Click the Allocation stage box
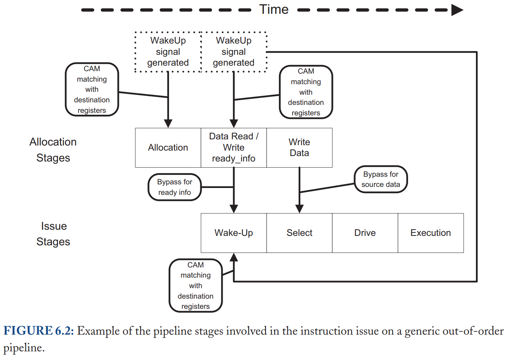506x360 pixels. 168,148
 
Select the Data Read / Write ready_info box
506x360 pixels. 234,148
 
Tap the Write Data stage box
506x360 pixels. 299,148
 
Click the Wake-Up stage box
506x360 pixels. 234,233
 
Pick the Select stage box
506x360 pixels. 299,233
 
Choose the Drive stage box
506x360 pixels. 365,233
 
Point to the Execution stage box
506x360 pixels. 431,233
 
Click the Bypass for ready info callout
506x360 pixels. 174,187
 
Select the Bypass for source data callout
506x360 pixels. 380,179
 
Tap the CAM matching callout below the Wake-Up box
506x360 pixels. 196,286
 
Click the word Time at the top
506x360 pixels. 274,9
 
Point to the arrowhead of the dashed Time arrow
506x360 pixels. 457,10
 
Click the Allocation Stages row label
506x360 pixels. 53,150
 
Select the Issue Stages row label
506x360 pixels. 53,234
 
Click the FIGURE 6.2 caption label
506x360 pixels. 38,331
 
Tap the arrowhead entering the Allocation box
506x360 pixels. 168,124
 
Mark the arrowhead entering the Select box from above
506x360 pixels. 299,209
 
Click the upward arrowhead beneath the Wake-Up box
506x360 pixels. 234,257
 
